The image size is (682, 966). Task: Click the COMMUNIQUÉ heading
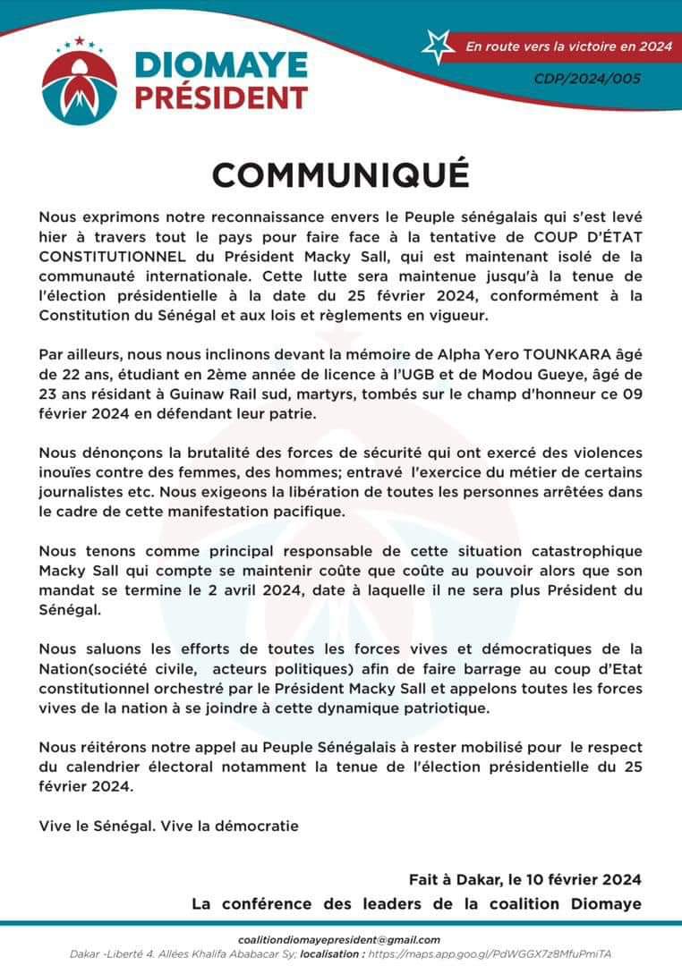click(340, 174)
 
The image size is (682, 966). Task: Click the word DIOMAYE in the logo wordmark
click(221, 65)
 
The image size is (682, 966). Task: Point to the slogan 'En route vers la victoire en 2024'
click(568, 46)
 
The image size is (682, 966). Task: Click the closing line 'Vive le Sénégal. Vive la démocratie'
click(168, 826)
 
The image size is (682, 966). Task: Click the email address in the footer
click(340, 939)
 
